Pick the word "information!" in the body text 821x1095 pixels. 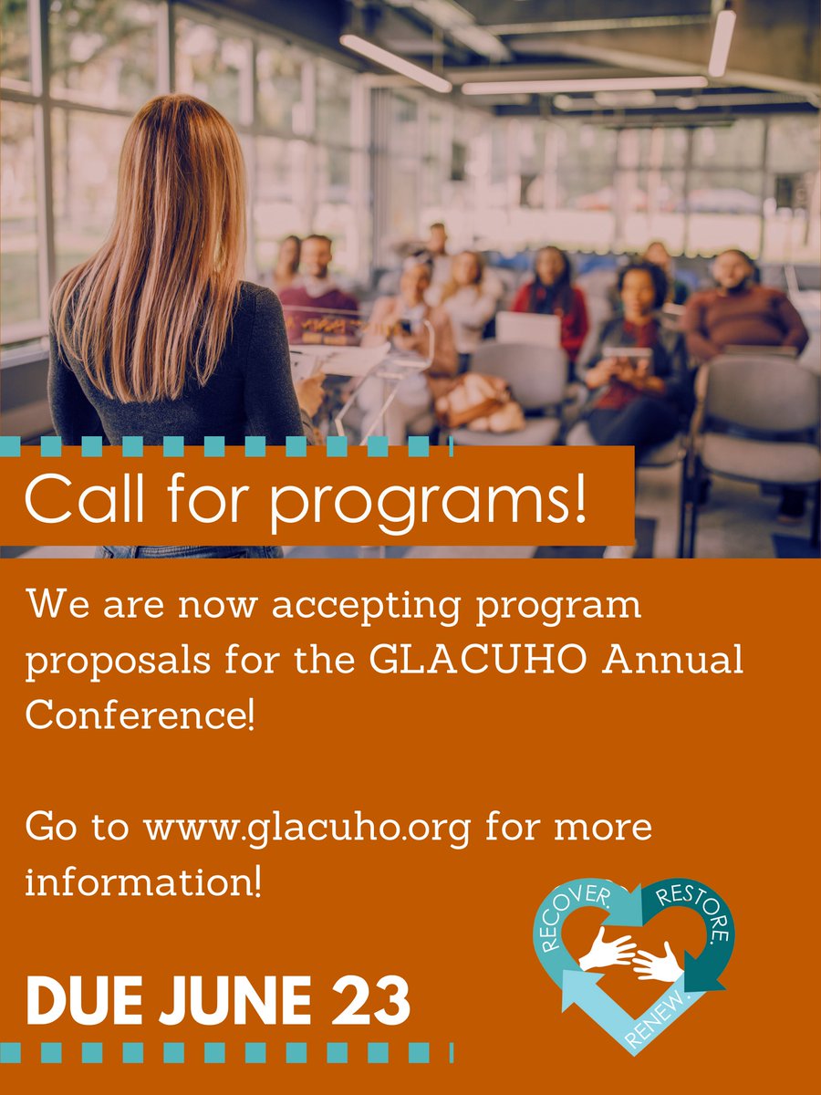143,881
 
